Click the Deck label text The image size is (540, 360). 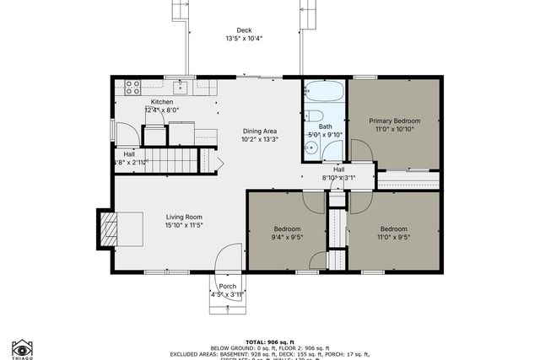[244, 30]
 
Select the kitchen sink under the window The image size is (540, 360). [181, 86]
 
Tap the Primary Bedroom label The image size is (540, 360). [394, 121]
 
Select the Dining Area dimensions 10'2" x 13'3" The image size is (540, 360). [260, 140]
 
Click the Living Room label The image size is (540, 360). [184, 217]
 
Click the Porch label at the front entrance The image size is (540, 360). [228, 286]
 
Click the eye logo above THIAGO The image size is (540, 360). [22, 347]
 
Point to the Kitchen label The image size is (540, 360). [162, 101]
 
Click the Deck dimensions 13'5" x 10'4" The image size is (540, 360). [244, 39]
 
